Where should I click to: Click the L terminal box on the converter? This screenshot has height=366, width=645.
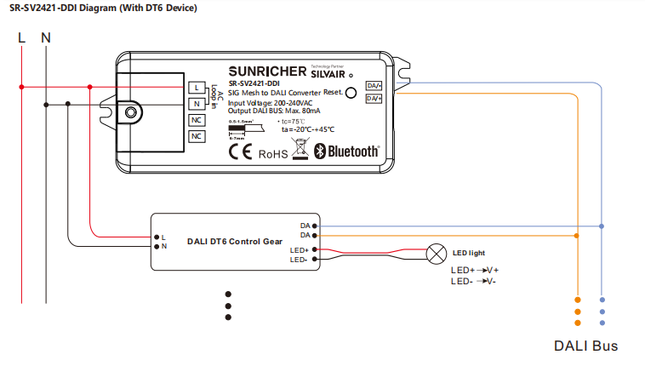(x=197, y=88)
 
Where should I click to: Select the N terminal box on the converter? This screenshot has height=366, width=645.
(x=197, y=104)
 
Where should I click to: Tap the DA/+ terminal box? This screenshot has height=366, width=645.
(x=374, y=85)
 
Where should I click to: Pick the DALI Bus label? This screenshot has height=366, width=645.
(x=585, y=346)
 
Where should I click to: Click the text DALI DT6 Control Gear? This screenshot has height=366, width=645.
(x=234, y=242)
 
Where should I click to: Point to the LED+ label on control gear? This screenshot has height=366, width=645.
(x=299, y=249)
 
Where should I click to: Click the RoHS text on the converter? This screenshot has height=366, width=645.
(x=273, y=154)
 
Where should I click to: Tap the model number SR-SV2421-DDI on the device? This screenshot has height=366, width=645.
(x=255, y=83)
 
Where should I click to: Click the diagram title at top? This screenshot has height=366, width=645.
(x=104, y=9)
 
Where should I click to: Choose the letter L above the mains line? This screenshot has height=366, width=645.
(x=22, y=37)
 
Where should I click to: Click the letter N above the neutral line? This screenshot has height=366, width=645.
(x=46, y=37)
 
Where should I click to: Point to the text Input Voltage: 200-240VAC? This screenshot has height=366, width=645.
(x=276, y=102)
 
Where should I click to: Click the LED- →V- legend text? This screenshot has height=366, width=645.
(x=473, y=281)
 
